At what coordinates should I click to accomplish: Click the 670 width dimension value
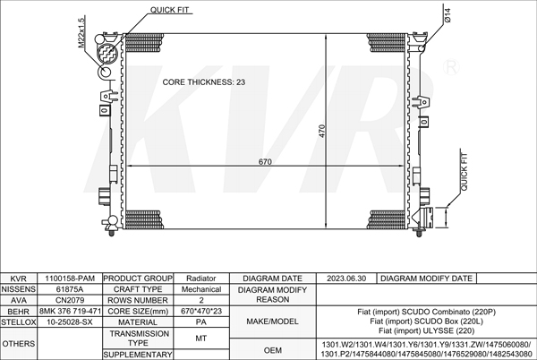[265, 162]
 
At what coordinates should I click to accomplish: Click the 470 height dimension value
[322, 131]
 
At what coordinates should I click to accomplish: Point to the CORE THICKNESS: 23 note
[204, 82]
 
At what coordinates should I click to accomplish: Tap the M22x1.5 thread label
[81, 32]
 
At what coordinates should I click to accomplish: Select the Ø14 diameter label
[448, 15]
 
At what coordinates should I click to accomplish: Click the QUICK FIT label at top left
[169, 10]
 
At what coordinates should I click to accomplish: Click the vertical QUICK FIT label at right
[464, 172]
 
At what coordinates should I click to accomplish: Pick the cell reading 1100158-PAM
[70, 279]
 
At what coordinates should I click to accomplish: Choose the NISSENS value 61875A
[70, 289]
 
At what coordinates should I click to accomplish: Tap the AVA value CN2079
[70, 300]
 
